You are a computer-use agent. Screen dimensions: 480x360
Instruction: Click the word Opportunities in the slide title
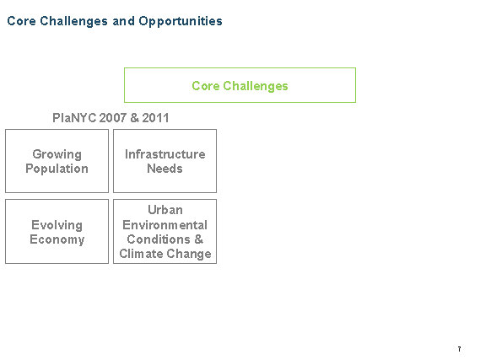click(181, 21)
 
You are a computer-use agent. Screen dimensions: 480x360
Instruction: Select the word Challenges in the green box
click(256, 86)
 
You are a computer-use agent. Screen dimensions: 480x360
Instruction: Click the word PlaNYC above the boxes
click(74, 118)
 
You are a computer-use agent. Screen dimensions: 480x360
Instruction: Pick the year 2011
click(155, 118)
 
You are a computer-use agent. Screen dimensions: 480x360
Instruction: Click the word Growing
click(57, 154)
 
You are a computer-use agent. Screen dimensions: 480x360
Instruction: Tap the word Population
click(57, 169)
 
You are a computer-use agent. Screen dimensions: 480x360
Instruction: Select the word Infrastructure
click(165, 154)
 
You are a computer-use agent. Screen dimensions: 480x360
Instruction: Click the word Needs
click(164, 169)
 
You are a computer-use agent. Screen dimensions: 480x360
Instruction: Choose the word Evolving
click(57, 225)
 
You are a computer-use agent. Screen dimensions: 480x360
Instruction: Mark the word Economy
click(57, 239)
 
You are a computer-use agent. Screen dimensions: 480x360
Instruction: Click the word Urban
click(165, 210)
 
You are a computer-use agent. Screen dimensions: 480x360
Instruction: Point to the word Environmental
click(165, 225)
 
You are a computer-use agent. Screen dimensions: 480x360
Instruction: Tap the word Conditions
click(159, 239)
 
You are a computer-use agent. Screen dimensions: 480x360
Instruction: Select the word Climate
click(142, 254)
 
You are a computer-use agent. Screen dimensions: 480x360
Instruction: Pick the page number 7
click(459, 349)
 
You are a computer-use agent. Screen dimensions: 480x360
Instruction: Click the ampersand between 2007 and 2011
click(134, 118)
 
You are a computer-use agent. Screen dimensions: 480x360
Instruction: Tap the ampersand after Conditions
click(199, 239)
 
